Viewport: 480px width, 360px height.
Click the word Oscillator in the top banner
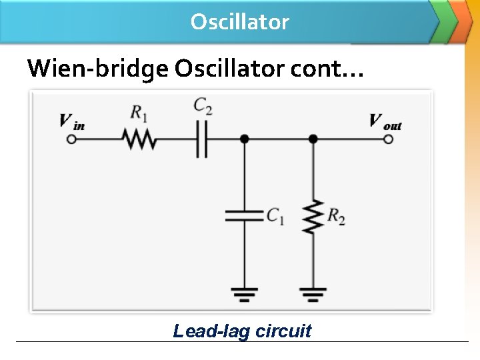(239, 22)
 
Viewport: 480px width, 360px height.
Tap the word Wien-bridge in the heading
(97, 68)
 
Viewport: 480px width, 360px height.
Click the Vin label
(71, 121)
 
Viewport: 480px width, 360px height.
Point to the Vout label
(385, 121)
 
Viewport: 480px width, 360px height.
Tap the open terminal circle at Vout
(389, 139)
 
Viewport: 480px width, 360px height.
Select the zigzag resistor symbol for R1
(139, 139)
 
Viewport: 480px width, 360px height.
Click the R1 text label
(139, 113)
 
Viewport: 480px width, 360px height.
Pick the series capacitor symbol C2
(202, 139)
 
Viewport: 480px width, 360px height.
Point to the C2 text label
(203, 105)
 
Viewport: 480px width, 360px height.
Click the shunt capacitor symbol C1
(245, 215)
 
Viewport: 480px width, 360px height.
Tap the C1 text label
(275, 215)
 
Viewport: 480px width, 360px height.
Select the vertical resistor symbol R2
(313, 215)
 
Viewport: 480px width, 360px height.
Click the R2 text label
(336, 215)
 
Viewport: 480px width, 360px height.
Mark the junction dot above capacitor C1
(245, 139)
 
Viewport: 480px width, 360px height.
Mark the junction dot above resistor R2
(313, 139)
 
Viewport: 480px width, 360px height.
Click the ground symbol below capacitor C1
(245, 293)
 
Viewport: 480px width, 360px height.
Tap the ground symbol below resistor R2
(313, 293)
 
